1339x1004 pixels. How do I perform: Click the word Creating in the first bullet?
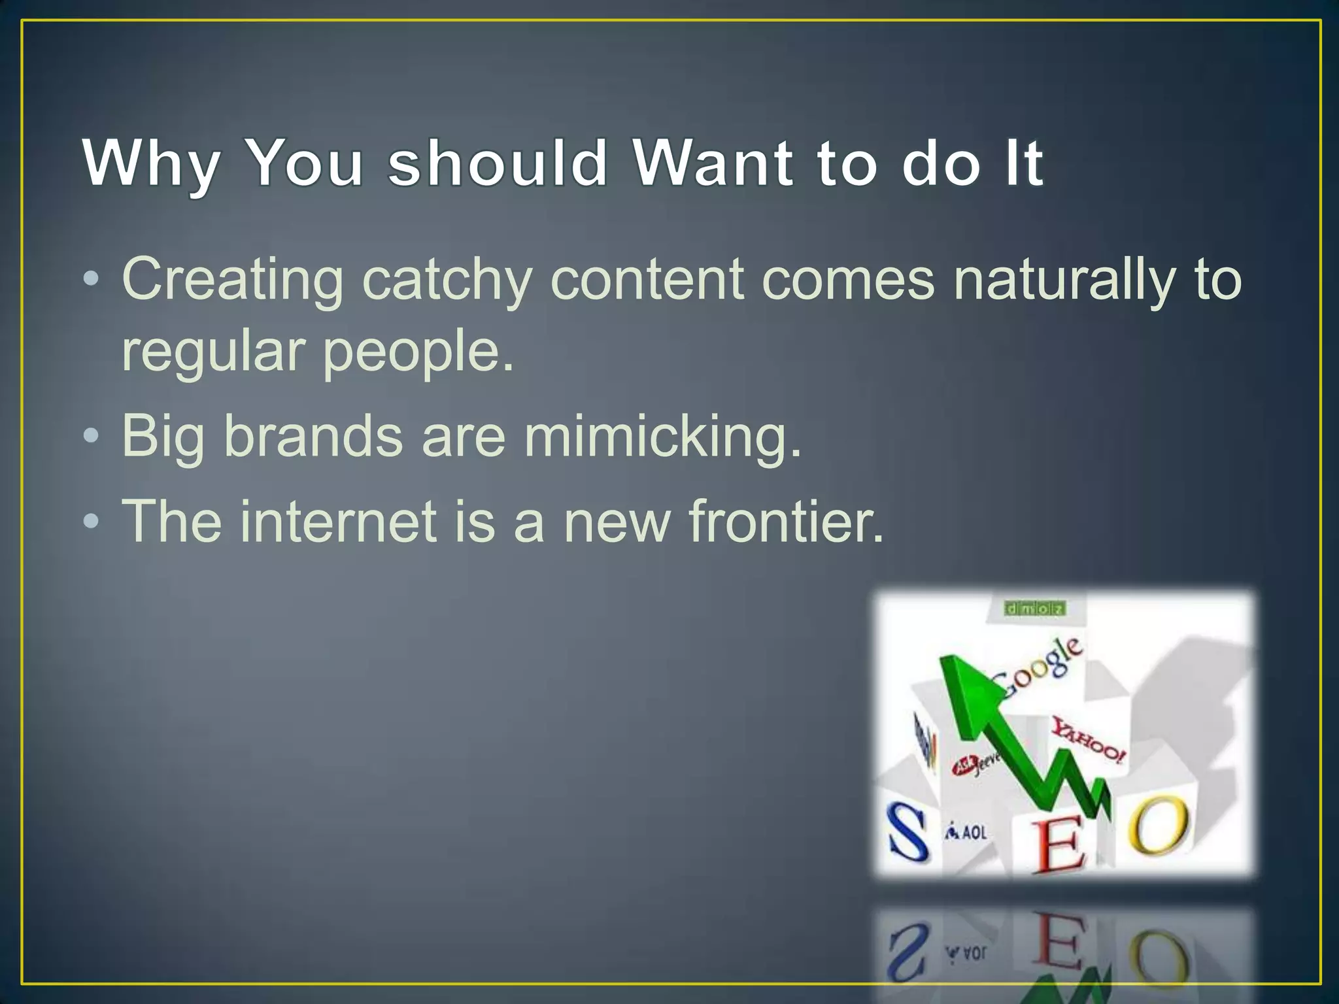[232, 281]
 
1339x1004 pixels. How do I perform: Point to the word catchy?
[447, 281]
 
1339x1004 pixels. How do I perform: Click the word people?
[418, 353]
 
